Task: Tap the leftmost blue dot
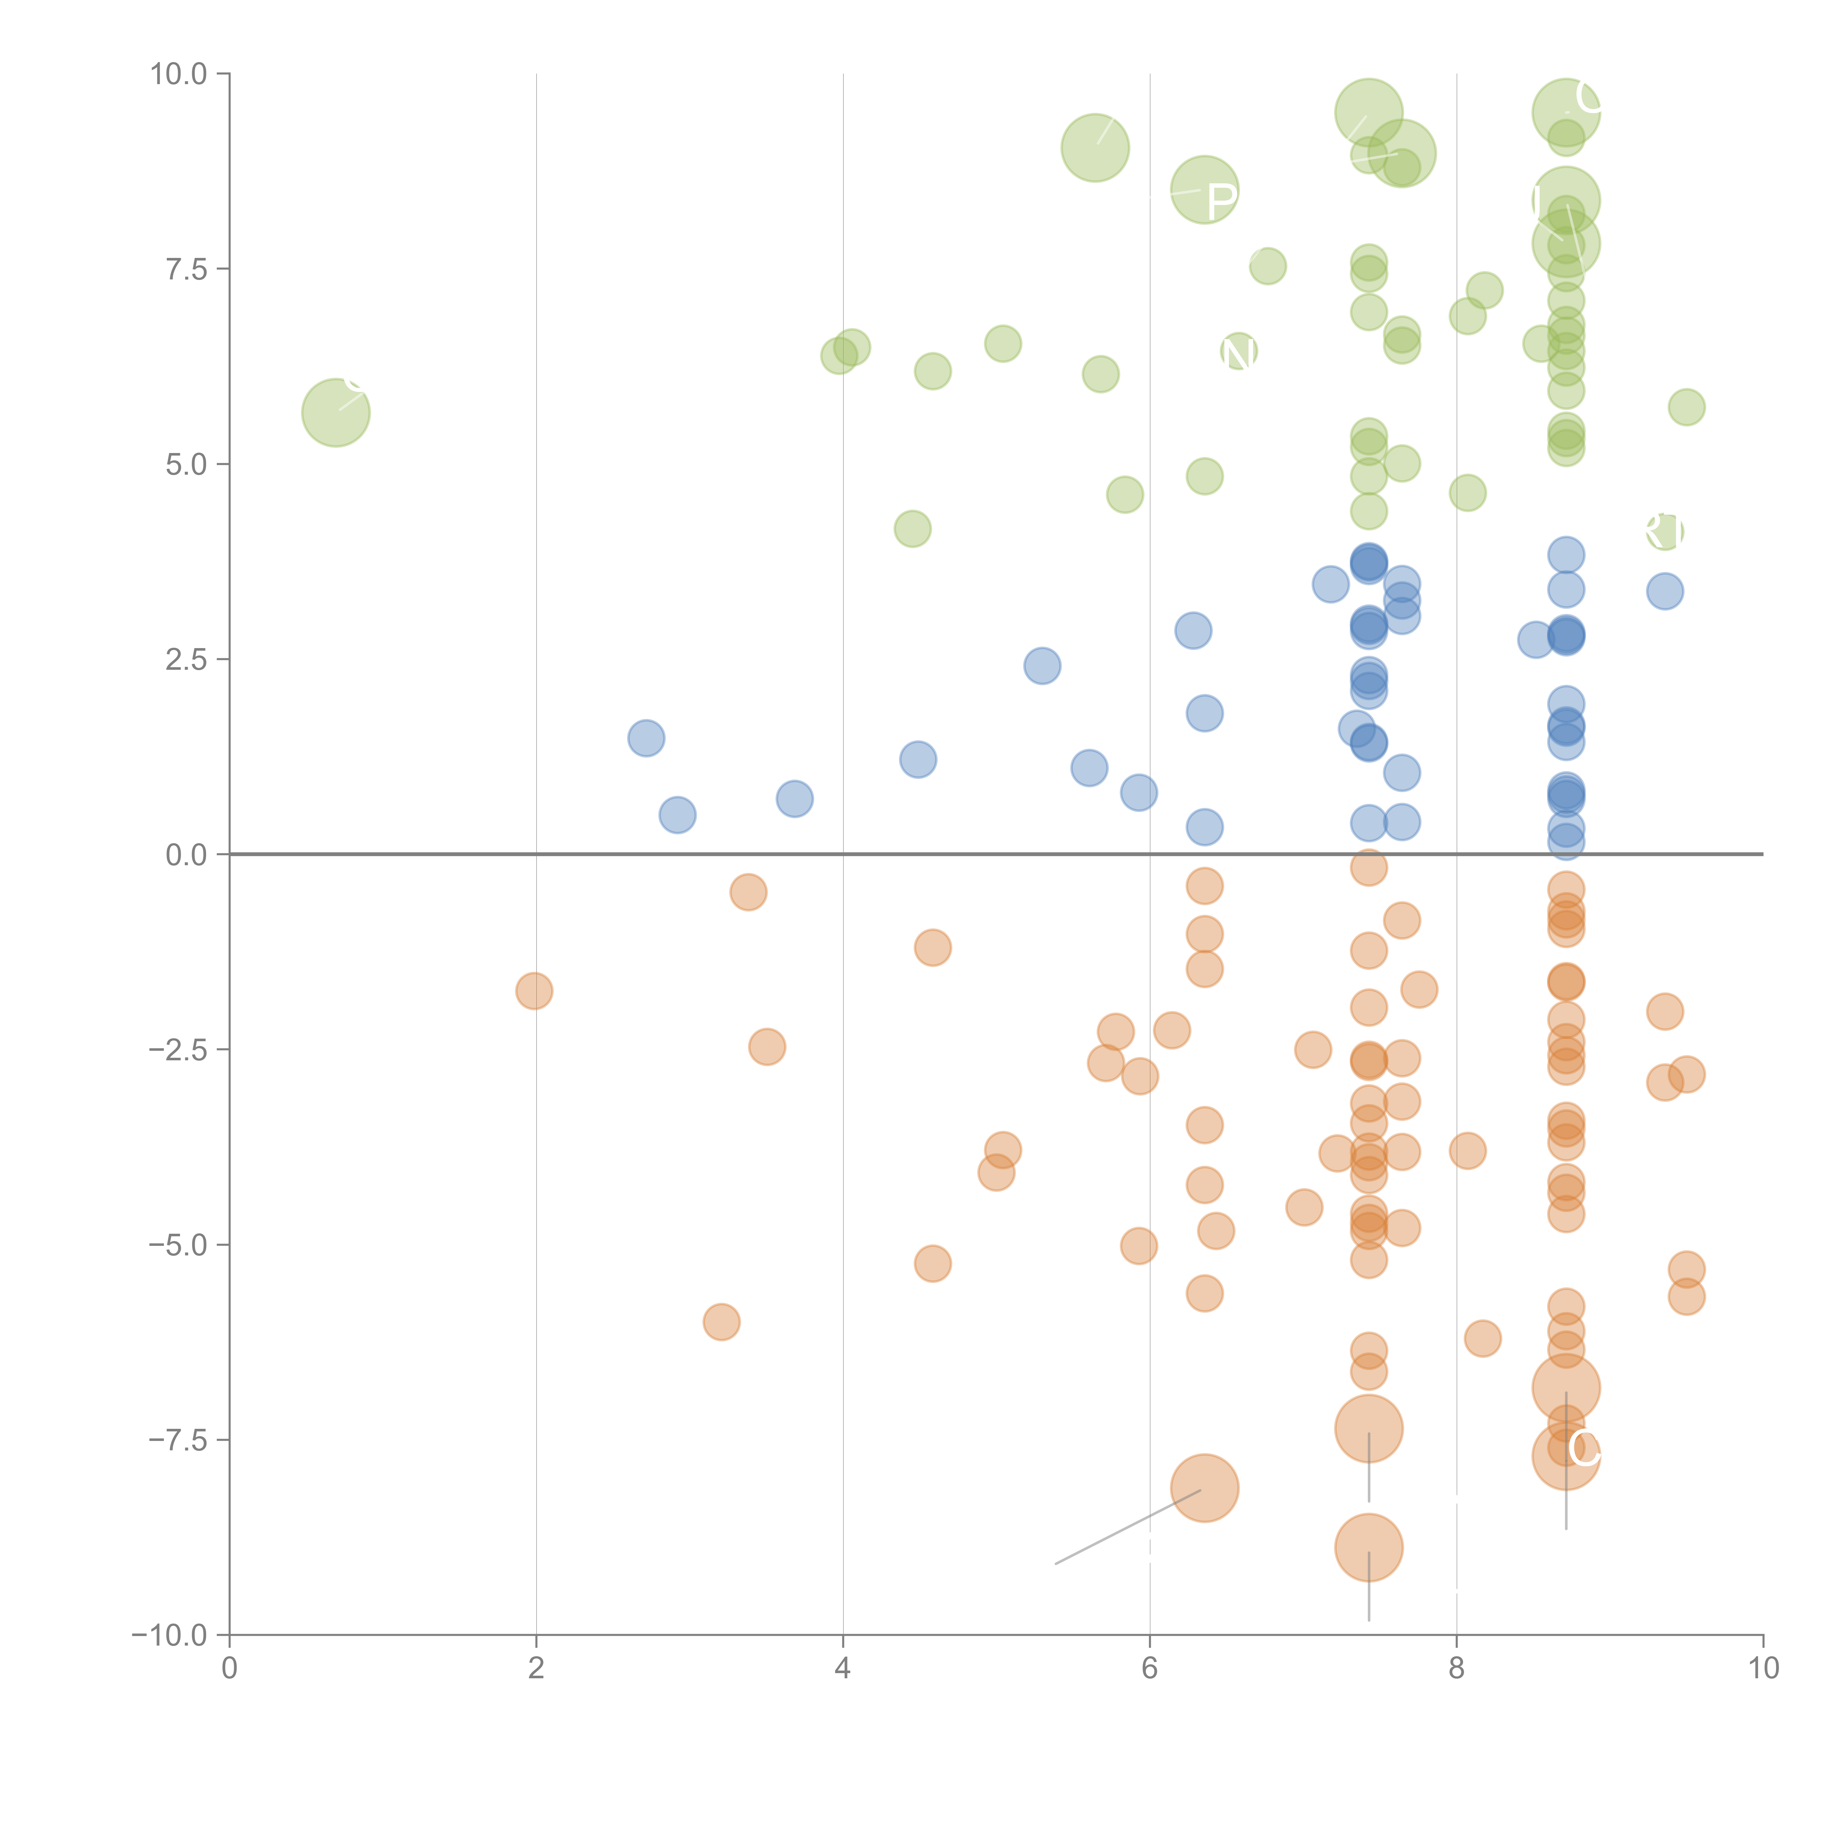tap(646, 738)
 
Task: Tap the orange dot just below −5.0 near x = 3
tap(722, 1322)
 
